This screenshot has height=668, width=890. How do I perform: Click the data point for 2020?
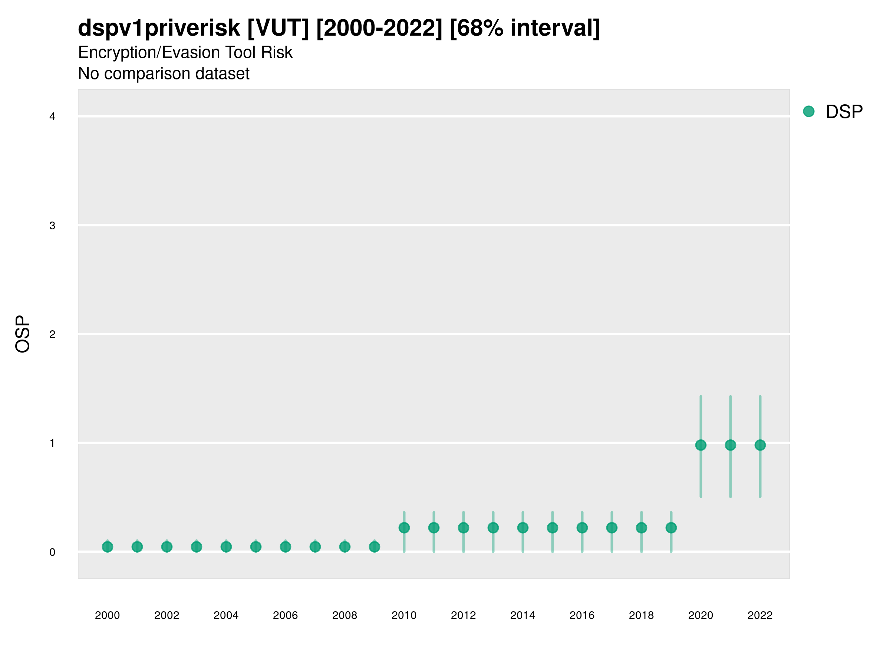click(x=701, y=445)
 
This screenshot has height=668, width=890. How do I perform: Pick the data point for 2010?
click(x=404, y=527)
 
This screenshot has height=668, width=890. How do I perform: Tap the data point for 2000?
click(x=108, y=547)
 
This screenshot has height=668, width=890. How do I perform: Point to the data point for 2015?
click(x=553, y=527)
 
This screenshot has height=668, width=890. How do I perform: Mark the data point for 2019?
click(x=671, y=527)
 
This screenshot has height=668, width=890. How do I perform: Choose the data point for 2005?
click(x=256, y=547)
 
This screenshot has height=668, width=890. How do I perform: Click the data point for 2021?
click(x=730, y=445)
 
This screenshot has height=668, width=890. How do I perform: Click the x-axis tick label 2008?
click(x=345, y=615)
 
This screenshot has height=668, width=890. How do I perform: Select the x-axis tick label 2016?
click(x=582, y=615)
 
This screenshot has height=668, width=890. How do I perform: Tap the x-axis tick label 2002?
click(x=167, y=615)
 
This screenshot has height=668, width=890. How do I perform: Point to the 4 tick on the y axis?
click(x=52, y=117)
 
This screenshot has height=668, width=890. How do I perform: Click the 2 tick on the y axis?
click(x=52, y=334)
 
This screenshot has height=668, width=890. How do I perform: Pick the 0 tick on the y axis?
click(x=52, y=552)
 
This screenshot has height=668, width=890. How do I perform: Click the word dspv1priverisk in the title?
click(x=159, y=28)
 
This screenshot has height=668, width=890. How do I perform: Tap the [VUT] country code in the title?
click(x=278, y=28)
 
